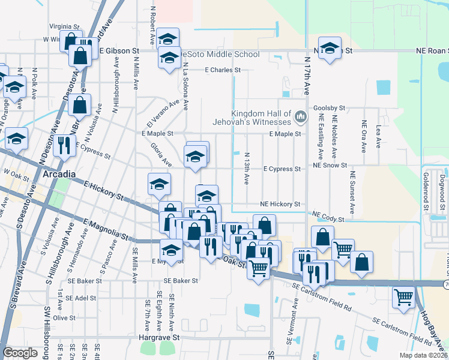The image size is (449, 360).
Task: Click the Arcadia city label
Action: point(59,175)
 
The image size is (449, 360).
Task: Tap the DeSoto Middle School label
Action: point(220,55)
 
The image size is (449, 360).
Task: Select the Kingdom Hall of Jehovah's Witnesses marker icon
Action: point(301,115)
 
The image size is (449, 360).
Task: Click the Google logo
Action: point(20,353)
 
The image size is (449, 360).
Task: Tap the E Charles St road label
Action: point(222,70)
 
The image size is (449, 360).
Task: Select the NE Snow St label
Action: point(329,165)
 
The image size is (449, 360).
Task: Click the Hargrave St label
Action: point(159,338)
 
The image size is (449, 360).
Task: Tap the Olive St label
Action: point(64,317)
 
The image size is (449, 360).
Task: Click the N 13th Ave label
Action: point(247,169)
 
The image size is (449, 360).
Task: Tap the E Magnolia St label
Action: point(107,230)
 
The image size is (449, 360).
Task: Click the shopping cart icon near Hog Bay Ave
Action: point(403,296)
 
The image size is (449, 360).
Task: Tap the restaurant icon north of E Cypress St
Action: point(64,145)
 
